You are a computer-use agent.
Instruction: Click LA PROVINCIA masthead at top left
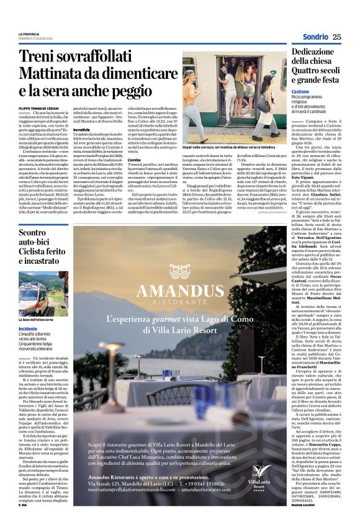tap(29, 34)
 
